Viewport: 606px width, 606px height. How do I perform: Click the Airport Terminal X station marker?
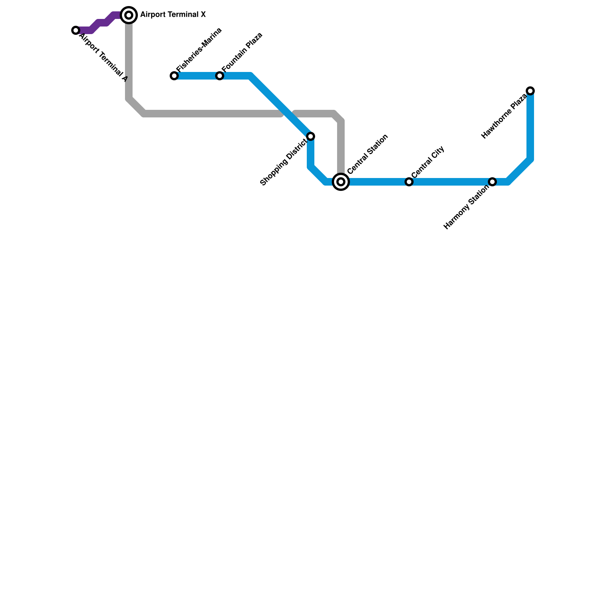pyautogui.click(x=129, y=15)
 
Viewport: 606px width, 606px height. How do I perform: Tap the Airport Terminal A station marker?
pyautogui.click(x=76, y=30)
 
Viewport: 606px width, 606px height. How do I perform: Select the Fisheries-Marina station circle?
pyautogui.click(x=174, y=76)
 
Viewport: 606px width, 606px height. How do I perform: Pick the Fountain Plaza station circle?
pyautogui.click(x=220, y=76)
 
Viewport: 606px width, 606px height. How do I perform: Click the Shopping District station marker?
pyautogui.click(x=311, y=136)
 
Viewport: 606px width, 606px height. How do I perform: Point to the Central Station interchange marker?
pyautogui.click(x=341, y=182)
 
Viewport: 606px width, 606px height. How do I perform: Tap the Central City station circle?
pyautogui.click(x=409, y=182)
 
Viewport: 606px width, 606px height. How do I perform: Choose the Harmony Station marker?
pyautogui.click(x=492, y=182)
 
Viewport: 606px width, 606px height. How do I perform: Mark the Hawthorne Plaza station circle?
pyautogui.click(x=530, y=91)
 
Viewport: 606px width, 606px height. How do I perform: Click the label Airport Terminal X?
pyautogui.click(x=173, y=15)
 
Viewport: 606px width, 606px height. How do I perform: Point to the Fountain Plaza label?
pyautogui.click(x=242, y=52)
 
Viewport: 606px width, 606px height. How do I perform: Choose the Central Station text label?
pyautogui.click(x=367, y=154)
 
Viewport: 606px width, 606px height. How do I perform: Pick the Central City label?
pyautogui.click(x=428, y=162)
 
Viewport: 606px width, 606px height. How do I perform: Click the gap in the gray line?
pyautogui.click(x=288, y=114)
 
